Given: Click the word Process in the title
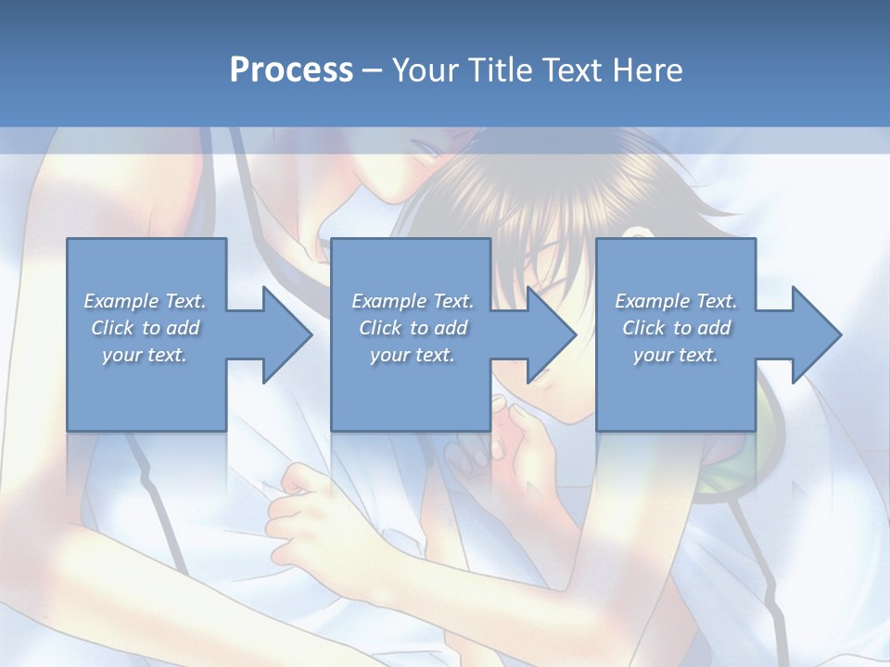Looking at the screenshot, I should (x=291, y=69).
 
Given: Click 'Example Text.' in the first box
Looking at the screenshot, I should (x=146, y=301).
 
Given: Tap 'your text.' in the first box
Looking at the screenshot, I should (x=146, y=355).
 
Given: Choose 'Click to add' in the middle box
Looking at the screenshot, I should (x=413, y=328).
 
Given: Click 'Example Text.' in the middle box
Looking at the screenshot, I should (x=413, y=301).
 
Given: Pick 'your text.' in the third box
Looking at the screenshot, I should (x=676, y=355).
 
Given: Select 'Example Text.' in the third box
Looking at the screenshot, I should (x=676, y=301).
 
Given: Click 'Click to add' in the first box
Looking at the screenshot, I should (x=146, y=328).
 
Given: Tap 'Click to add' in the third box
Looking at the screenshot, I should (x=676, y=328).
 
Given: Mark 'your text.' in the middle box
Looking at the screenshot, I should (x=413, y=355).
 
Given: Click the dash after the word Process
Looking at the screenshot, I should (x=372, y=70).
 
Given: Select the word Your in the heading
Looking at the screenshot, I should (x=423, y=69).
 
